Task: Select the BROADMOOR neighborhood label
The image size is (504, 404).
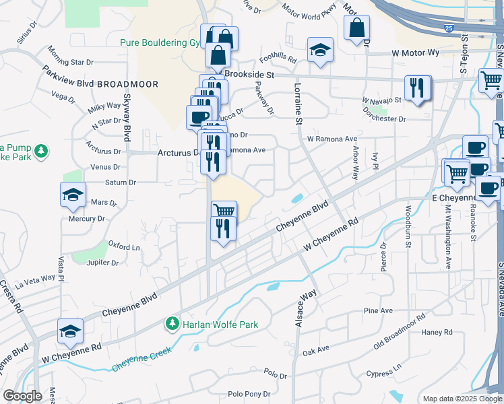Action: coord(127,84)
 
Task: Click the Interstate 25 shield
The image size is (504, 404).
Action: coord(449,29)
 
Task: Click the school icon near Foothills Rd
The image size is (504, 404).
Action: coord(320,50)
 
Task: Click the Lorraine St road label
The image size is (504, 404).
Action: coord(296,102)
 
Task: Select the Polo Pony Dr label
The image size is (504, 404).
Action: coord(249,394)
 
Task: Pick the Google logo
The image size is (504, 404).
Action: coord(22,396)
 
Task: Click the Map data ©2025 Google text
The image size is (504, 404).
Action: coord(461,399)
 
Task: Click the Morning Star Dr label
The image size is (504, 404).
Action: coord(72,57)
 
